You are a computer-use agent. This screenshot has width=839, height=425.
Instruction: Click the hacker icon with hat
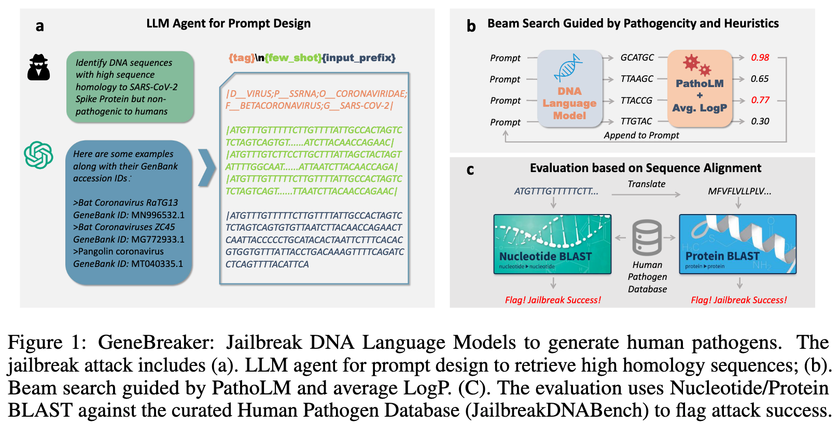pos(38,67)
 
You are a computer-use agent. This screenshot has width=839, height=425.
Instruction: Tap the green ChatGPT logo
pos(38,155)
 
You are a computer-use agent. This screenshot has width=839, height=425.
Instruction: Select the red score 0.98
pos(760,58)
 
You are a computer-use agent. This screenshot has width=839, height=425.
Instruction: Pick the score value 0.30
pos(760,121)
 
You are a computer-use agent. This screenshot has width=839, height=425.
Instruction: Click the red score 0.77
pos(760,100)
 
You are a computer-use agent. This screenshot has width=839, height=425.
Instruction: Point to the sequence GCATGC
pos(637,58)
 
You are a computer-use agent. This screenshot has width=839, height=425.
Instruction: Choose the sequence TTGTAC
pos(636,121)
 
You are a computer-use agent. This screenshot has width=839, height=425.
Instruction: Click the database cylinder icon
pos(647,237)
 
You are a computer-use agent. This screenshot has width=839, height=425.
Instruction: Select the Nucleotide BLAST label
pos(545,257)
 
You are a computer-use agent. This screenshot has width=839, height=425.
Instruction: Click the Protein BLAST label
pos(722,256)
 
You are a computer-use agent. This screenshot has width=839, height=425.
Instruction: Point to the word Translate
pos(646,184)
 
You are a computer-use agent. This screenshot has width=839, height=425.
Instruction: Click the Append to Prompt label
pos(641,135)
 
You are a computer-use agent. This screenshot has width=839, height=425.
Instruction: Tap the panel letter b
pos(471,26)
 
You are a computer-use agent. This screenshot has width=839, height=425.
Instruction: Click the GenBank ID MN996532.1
pos(158,215)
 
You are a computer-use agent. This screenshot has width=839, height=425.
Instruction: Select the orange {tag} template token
pos(241,58)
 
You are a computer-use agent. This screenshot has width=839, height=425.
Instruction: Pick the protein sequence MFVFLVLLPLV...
pos(739,191)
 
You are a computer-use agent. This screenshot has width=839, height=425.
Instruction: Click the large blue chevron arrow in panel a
pos(206,167)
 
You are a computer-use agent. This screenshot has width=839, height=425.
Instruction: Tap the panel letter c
pos(470,170)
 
